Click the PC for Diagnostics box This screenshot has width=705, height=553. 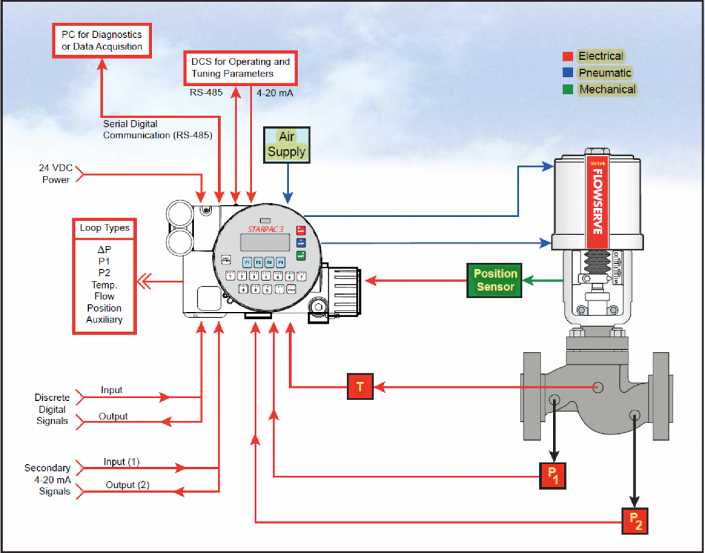tap(102, 41)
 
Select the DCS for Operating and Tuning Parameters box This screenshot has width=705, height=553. tap(240, 67)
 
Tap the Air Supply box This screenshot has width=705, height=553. tap(286, 145)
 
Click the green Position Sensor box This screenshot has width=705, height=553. tap(495, 280)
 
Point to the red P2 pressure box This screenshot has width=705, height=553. tap(635, 521)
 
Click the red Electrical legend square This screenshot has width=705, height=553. tap(568, 56)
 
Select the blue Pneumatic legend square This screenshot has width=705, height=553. tap(568, 73)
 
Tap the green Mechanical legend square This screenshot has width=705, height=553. tap(568, 90)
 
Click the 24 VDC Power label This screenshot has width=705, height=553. tap(55, 174)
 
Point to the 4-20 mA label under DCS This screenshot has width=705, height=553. tap(275, 93)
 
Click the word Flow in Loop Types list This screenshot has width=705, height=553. tap(105, 296)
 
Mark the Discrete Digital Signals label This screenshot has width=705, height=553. tap(52, 409)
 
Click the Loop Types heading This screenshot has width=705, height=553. tap(105, 227)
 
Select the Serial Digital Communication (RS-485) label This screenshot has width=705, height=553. tap(158, 129)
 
